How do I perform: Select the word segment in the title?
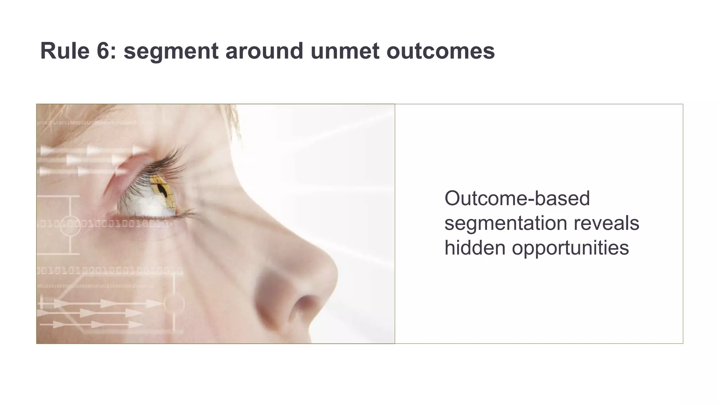(171, 51)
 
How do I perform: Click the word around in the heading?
(264, 51)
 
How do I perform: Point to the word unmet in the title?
(345, 51)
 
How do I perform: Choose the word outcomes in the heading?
(441, 51)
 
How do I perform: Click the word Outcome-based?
(517, 198)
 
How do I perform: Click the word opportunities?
(570, 248)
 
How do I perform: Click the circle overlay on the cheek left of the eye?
(70, 225)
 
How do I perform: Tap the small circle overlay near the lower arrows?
(174, 303)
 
